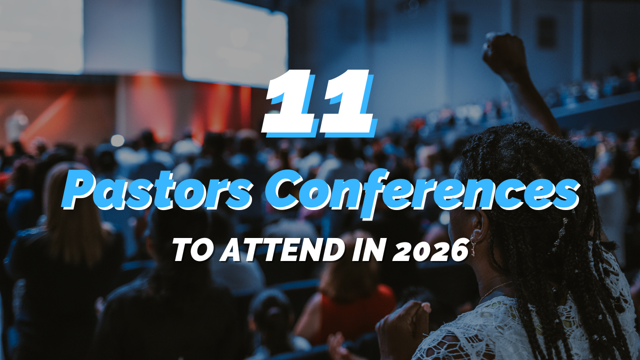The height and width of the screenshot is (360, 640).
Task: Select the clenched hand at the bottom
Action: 402,325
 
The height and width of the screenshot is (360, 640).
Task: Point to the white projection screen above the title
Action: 235,40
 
